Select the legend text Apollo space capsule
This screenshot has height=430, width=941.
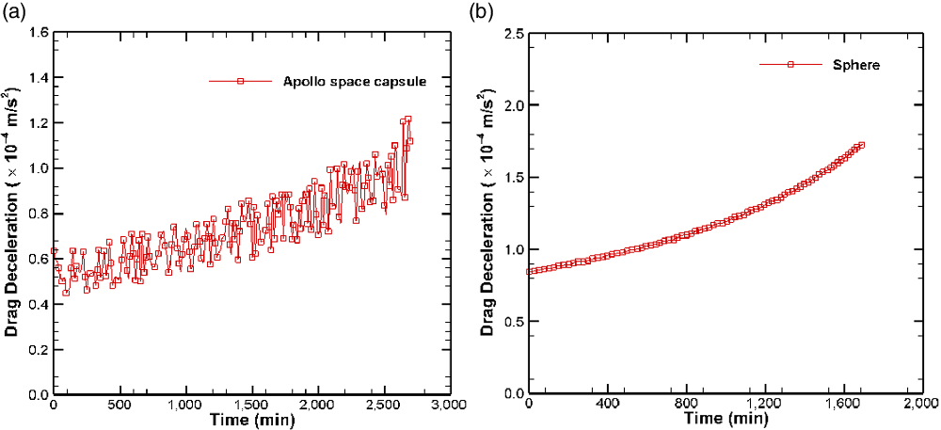tap(355, 82)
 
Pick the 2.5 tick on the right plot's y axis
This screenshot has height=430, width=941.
tap(512, 33)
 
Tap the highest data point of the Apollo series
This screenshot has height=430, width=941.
tap(407, 119)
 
